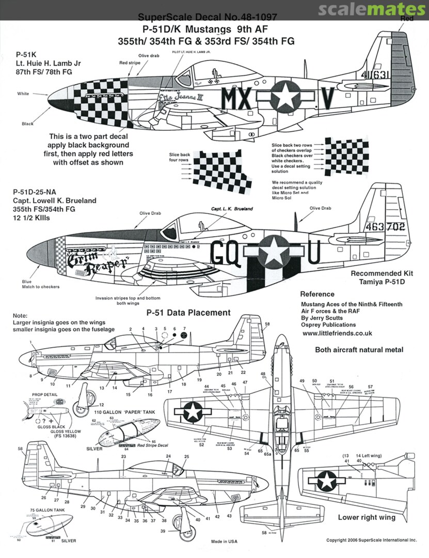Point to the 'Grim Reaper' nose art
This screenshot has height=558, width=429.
[x=95, y=258]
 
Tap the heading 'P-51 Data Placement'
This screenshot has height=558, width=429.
[x=188, y=313]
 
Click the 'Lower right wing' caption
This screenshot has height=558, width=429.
[x=367, y=517]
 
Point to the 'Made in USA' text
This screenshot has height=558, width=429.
[x=224, y=541]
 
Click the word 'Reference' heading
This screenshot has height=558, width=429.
[x=317, y=294]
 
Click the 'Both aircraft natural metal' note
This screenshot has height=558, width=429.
[x=359, y=350]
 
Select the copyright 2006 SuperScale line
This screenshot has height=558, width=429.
[x=371, y=540]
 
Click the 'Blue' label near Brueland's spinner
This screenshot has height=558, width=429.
[x=26, y=282]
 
